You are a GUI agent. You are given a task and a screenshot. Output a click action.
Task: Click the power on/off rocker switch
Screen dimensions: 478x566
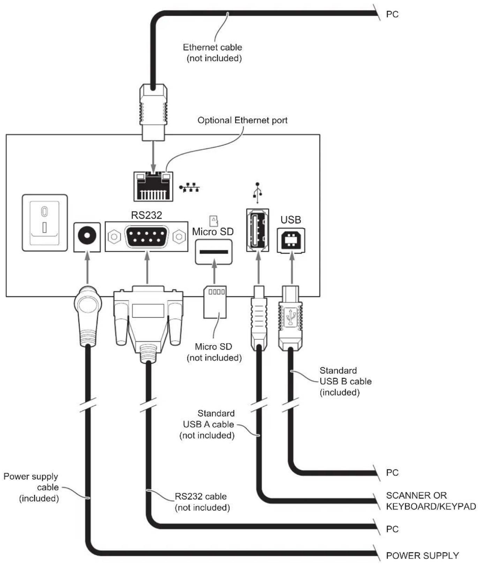pos(45,223)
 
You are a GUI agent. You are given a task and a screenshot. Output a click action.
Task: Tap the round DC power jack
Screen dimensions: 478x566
pos(87,237)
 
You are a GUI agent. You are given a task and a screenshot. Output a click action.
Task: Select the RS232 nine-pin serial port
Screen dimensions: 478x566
pos(147,237)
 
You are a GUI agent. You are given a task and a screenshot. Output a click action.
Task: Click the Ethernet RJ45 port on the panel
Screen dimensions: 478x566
pos(153,186)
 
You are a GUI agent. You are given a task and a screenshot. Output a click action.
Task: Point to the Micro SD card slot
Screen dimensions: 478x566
pos(214,252)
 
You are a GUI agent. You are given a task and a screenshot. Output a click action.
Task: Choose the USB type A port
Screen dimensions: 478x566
pos(257,230)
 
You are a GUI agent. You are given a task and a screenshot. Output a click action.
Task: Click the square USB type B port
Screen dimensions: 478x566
pos(291,240)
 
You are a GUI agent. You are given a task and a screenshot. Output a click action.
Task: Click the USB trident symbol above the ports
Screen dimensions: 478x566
pos(257,193)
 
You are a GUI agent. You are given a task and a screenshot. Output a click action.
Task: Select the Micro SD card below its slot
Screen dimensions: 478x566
pos(215,302)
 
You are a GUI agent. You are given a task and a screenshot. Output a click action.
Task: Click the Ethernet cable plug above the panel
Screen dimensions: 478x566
pos(153,112)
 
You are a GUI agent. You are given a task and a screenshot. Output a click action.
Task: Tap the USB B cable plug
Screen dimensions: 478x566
pos(290,318)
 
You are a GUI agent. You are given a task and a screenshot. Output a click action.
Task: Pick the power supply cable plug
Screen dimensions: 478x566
pos(88,316)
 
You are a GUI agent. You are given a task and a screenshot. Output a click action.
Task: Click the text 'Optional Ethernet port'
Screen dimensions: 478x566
pos(242,121)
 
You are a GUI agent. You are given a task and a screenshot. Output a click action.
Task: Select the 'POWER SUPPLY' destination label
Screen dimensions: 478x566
pos(423,556)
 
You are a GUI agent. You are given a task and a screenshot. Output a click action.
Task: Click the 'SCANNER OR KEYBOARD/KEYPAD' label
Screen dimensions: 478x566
pos(431,501)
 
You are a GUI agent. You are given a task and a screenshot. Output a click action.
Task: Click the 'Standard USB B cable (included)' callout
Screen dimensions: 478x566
pos(345,381)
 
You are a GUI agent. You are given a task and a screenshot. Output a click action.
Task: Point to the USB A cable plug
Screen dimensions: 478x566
pos(259,318)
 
